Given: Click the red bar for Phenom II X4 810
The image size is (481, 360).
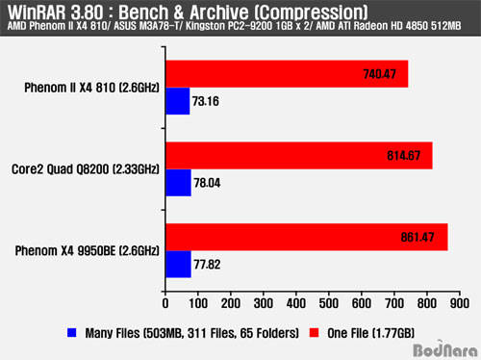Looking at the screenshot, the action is (287, 74).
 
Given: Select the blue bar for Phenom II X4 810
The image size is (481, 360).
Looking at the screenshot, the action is (178, 101).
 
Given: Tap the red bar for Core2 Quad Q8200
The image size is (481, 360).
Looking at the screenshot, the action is (299, 156).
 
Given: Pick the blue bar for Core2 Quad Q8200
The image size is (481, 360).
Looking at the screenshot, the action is (179, 183).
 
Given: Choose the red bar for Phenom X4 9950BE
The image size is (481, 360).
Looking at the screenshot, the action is (307, 237).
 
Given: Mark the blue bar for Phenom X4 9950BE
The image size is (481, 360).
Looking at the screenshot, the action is (179, 265).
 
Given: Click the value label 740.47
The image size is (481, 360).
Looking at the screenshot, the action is (380, 74).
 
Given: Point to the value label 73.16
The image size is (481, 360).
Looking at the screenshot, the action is (206, 101).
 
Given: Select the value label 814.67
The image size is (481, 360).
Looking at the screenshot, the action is (404, 156).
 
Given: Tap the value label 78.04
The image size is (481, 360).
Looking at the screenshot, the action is (207, 183).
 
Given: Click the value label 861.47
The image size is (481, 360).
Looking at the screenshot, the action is (418, 238).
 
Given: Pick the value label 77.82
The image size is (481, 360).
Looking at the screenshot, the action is (207, 265).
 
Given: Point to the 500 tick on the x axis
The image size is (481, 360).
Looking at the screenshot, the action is (329, 294).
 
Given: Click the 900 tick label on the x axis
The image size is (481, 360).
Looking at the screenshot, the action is (460, 303).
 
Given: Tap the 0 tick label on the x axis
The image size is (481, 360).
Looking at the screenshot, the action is (165, 303).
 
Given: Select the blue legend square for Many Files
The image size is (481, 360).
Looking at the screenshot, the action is (72, 333).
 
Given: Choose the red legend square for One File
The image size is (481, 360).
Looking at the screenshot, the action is (314, 333).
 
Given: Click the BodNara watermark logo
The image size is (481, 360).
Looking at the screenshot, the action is (445, 349).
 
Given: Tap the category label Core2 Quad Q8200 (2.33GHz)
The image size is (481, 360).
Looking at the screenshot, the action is (86, 169).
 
